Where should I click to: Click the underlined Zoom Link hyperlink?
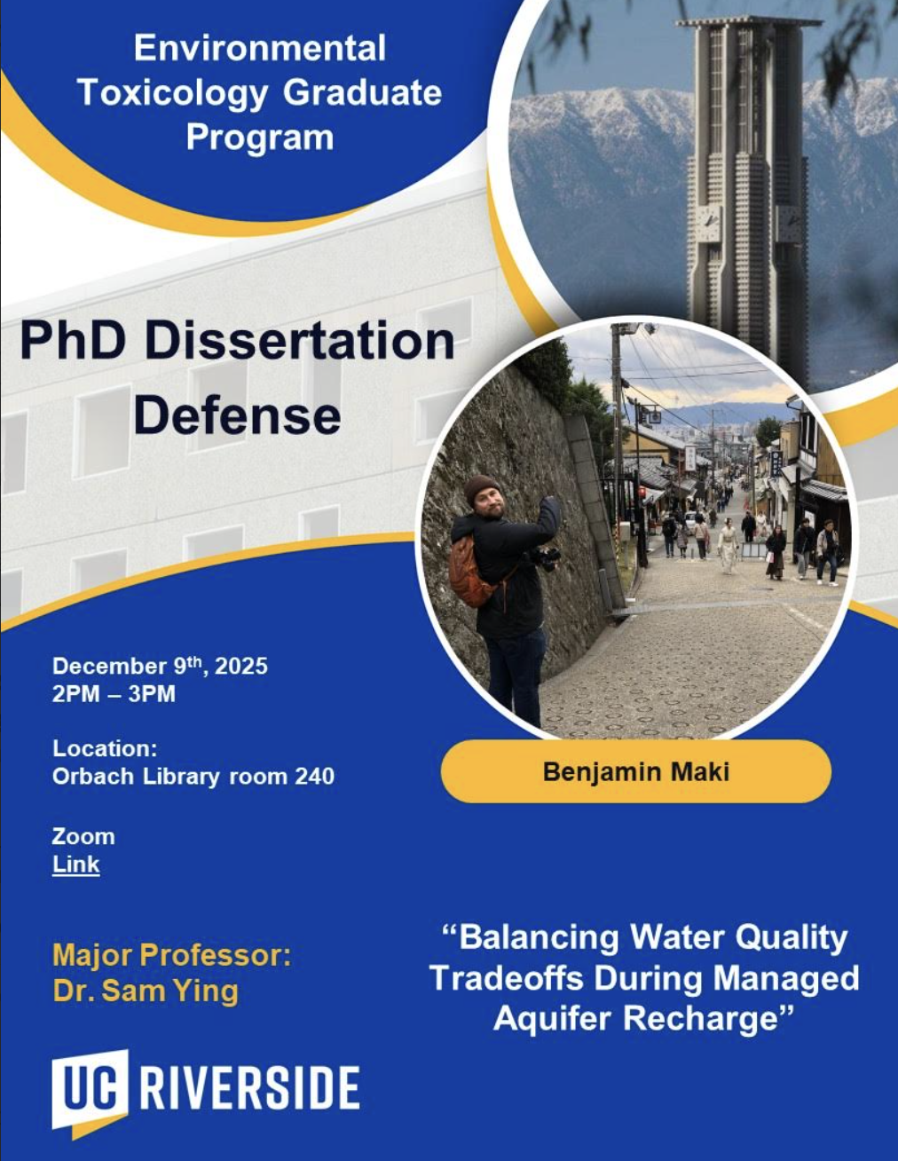point(75,864)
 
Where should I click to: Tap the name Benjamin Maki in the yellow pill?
point(636,771)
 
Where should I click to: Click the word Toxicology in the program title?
point(172,94)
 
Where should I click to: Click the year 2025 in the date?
point(241,667)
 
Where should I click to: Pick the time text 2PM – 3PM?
point(114,694)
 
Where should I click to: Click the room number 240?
point(314,777)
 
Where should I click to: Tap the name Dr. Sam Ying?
point(146,991)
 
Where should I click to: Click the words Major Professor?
point(172,955)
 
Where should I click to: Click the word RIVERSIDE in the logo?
point(250,1088)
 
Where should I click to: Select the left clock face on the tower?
point(708,218)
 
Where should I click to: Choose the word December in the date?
point(109,667)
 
